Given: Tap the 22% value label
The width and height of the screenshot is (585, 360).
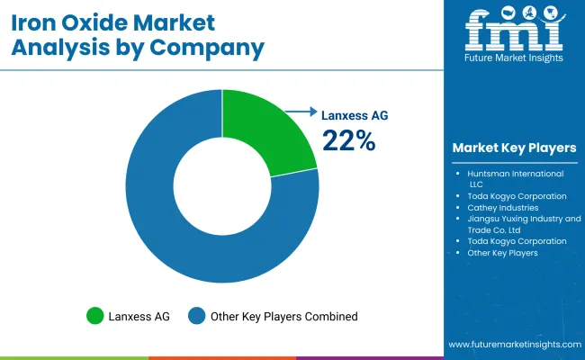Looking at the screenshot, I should click(349, 139).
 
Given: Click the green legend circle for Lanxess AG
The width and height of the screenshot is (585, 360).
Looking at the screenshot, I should click(94, 316).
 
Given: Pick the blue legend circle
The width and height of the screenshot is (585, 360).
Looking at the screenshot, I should click(196, 316).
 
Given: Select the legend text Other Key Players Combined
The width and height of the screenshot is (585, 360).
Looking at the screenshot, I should click(283, 316).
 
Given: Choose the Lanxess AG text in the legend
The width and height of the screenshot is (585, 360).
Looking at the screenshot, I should click(139, 316).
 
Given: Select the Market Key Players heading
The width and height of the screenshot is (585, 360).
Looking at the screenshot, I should click(514, 148).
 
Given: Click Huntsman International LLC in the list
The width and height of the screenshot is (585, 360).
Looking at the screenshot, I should click(515, 178).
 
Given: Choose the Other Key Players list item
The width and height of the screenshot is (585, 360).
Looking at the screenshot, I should click(502, 253).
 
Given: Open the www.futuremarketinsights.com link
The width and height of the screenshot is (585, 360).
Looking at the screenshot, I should click(513, 345).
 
